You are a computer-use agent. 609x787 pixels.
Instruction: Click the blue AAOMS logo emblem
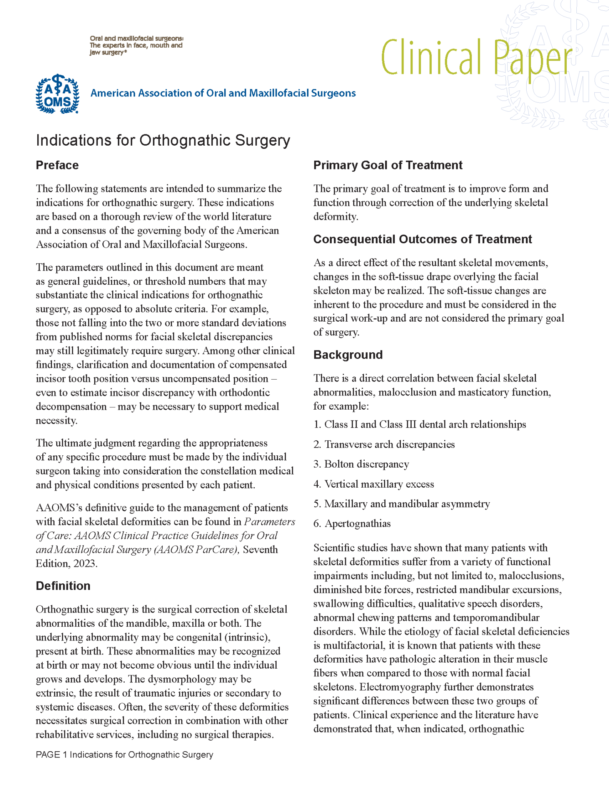click(57, 94)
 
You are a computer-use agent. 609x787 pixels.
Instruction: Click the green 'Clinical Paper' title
click(476, 58)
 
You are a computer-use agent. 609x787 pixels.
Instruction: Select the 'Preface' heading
click(57, 165)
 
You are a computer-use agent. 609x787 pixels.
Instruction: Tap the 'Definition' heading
click(63, 586)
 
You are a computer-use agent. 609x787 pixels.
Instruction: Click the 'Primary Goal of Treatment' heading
click(388, 165)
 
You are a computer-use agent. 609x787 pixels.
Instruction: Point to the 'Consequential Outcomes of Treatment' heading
click(422, 239)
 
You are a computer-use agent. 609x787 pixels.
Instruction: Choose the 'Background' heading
click(348, 355)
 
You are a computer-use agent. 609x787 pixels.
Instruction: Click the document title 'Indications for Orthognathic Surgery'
click(163, 140)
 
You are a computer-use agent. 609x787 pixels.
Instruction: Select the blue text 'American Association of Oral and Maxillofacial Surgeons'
click(223, 93)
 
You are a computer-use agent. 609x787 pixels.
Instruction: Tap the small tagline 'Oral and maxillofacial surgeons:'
click(136, 38)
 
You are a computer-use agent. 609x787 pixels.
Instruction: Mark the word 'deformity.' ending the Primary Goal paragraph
click(335, 217)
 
